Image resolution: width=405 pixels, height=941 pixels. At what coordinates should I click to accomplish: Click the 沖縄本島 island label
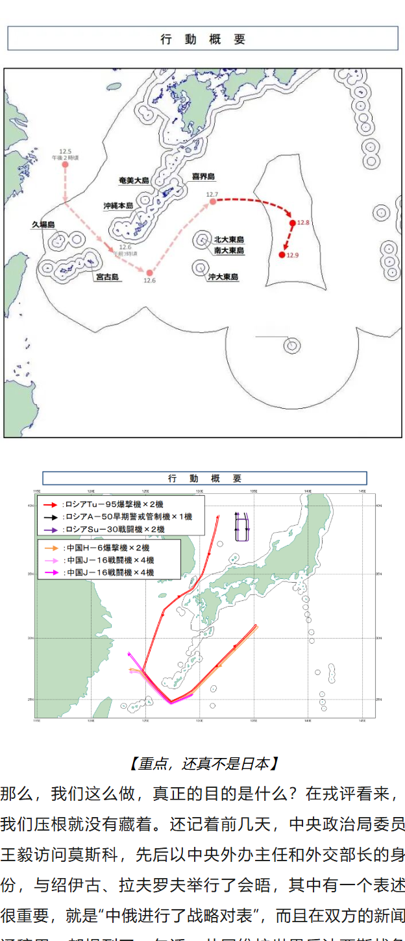pyautogui.click(x=117, y=206)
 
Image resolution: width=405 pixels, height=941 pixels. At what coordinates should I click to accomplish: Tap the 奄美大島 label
pyautogui.click(x=134, y=180)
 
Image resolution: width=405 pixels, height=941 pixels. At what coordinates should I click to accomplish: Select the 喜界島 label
pyautogui.click(x=203, y=177)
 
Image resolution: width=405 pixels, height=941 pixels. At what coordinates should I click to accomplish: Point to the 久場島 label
pyautogui.click(x=43, y=225)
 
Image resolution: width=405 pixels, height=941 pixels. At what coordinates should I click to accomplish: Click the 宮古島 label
pyautogui.click(x=107, y=277)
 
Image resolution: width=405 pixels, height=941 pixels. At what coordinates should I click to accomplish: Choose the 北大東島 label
pyautogui.click(x=229, y=239)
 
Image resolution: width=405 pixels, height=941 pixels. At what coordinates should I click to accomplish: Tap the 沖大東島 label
pyautogui.click(x=223, y=276)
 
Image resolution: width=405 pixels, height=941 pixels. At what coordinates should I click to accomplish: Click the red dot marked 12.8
pyautogui.click(x=293, y=223)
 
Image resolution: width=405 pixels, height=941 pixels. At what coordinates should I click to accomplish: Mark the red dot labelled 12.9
pyautogui.click(x=282, y=255)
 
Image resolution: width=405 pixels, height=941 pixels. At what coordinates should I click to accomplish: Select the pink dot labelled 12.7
pyautogui.click(x=213, y=202)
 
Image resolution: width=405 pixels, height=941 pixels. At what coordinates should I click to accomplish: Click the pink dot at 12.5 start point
pyautogui.click(x=65, y=165)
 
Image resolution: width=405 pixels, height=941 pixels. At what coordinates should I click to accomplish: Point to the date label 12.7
pyautogui.click(x=212, y=195)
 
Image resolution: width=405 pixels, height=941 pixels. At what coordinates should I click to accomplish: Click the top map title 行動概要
pyautogui.click(x=202, y=38)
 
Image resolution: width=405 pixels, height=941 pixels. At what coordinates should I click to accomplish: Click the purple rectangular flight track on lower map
pyautogui.click(x=242, y=526)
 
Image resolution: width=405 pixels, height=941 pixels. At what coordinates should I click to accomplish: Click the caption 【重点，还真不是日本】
pyautogui.click(x=203, y=763)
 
